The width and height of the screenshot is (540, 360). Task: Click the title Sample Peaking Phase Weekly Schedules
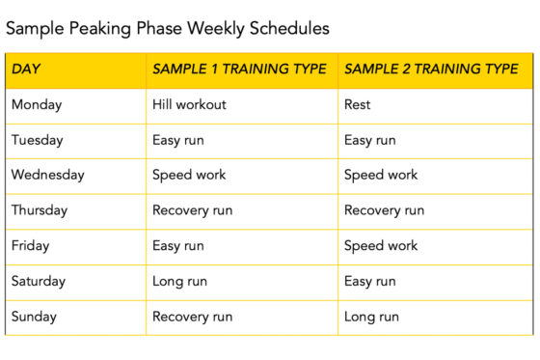click(168, 29)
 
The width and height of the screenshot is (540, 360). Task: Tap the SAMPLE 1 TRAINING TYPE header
click(239, 69)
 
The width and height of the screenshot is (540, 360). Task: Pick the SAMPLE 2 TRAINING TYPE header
click(431, 69)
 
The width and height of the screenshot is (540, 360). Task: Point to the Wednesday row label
click(47, 175)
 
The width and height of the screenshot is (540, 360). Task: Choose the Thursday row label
click(40, 210)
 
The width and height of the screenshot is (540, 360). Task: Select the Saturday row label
click(39, 281)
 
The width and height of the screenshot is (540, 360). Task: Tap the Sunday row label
click(34, 317)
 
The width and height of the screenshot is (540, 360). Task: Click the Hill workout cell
click(189, 104)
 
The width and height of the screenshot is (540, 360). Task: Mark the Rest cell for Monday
click(357, 104)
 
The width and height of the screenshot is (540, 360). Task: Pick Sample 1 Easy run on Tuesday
click(177, 140)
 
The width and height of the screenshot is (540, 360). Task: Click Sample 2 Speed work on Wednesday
click(381, 175)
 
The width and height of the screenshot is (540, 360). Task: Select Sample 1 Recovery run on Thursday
click(192, 210)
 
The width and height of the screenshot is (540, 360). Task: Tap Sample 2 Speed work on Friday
click(381, 245)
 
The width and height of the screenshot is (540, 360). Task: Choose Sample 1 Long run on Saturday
click(178, 281)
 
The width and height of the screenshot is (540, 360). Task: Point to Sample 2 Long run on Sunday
click(371, 317)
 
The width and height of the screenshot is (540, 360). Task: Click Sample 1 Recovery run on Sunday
click(192, 317)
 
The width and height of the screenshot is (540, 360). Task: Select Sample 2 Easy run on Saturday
click(370, 281)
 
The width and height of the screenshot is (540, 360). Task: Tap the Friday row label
click(30, 245)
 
